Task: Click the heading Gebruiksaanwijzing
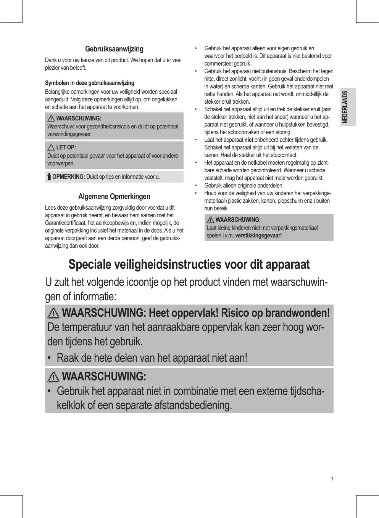[x=114, y=49]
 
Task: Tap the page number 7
[x=332, y=480]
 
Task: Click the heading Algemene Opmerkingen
[x=114, y=196]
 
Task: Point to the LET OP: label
[x=66, y=148]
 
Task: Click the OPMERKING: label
[x=68, y=177]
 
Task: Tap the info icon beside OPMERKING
[x=49, y=177]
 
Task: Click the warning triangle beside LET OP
[x=52, y=148]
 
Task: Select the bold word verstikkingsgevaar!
[x=258, y=235]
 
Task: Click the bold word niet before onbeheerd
[x=248, y=140]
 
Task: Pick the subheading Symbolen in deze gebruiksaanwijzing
[x=90, y=83]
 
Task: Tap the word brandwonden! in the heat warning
[x=297, y=313]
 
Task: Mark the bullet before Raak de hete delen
[x=50, y=358]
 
